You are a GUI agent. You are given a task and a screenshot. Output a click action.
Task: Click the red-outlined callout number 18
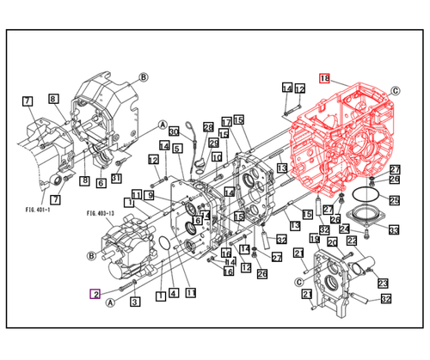(x=324, y=77)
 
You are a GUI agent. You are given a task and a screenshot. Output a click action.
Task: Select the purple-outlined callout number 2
(x=96, y=294)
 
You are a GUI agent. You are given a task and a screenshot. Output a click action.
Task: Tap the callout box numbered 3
(x=135, y=302)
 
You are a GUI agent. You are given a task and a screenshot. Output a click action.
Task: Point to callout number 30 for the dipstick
(x=174, y=131)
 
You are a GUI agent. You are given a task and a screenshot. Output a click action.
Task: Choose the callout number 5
(x=176, y=149)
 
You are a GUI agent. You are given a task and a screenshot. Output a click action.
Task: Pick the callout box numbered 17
(x=225, y=121)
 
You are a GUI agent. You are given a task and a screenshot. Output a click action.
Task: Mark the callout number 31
(x=116, y=178)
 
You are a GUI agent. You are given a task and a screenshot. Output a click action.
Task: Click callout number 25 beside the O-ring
(x=394, y=200)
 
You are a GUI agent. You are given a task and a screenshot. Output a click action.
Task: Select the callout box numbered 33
(x=393, y=229)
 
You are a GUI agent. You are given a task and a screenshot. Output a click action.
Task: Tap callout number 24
(x=344, y=229)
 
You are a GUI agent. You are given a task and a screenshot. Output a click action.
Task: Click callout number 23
(x=382, y=284)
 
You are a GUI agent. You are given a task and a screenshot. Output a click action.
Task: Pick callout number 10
(x=217, y=158)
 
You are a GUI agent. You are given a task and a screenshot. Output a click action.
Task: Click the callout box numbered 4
(x=173, y=294)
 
